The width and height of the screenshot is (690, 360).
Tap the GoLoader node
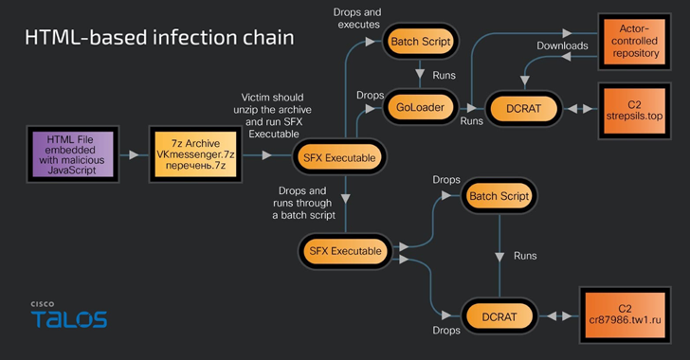420,109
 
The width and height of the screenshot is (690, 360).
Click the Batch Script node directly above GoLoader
420,43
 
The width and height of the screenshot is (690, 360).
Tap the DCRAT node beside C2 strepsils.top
527,109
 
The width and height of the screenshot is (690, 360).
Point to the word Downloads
562,45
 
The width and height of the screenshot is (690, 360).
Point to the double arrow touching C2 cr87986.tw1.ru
558,315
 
